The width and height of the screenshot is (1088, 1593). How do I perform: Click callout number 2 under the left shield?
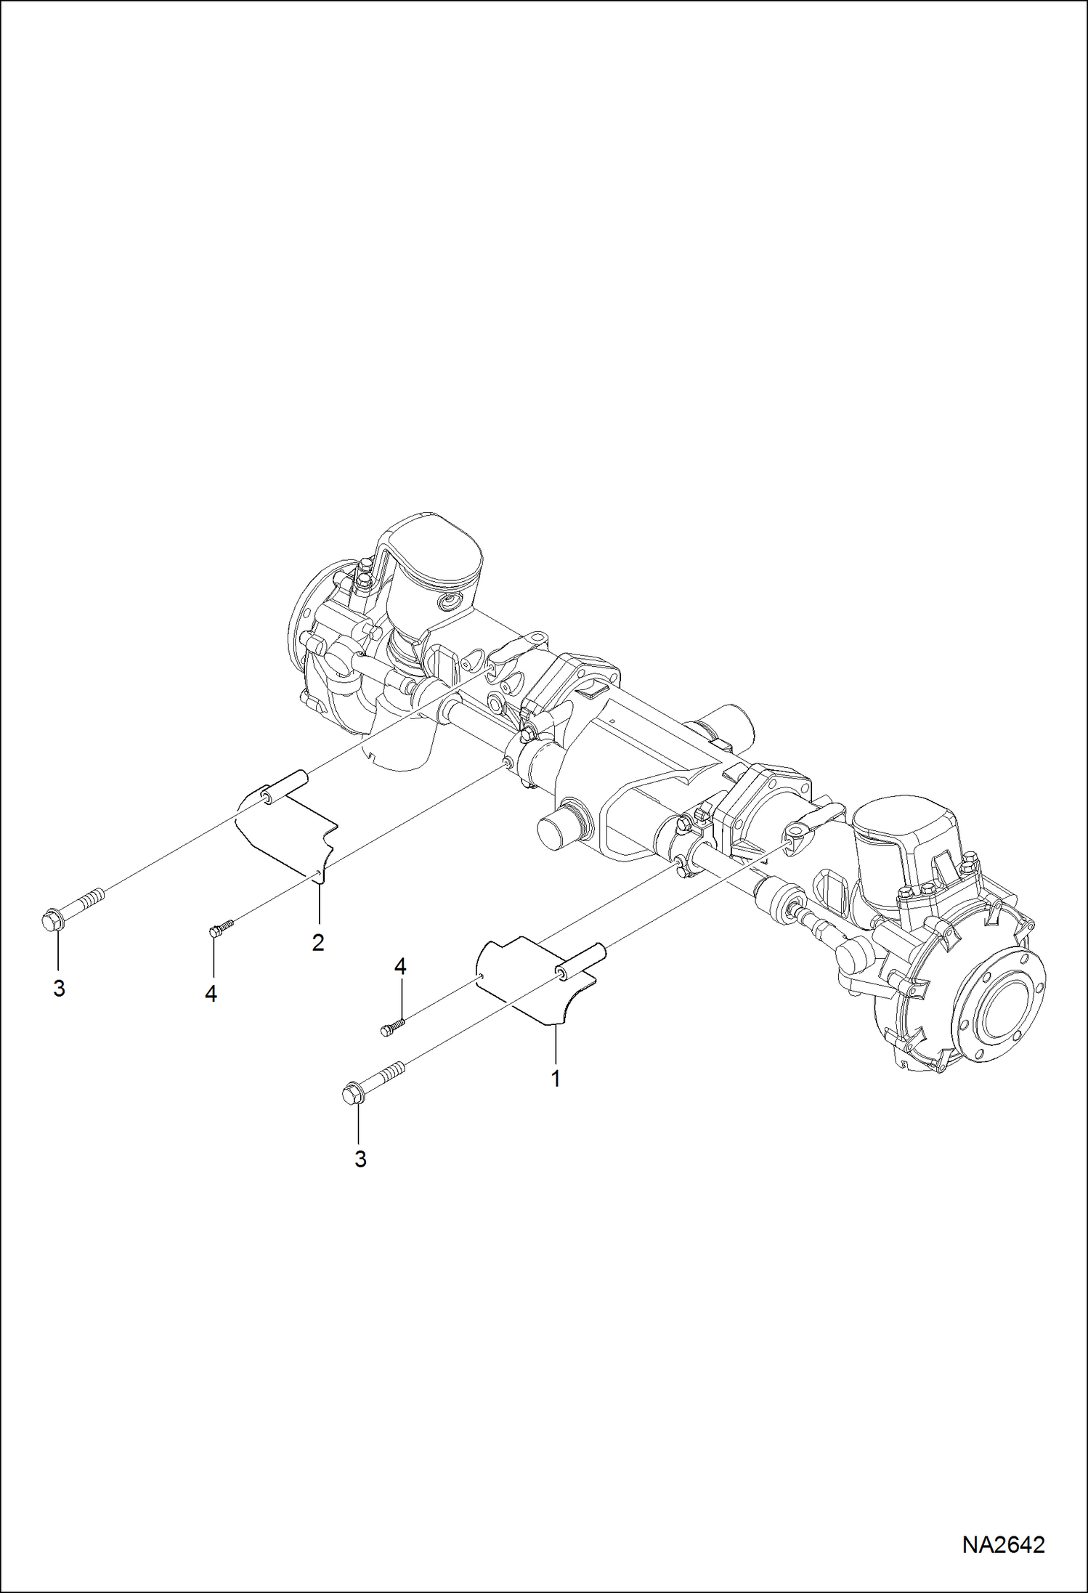317,943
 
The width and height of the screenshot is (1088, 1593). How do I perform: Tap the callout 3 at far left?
59,989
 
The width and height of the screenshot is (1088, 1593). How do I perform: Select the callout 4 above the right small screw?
400,967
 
